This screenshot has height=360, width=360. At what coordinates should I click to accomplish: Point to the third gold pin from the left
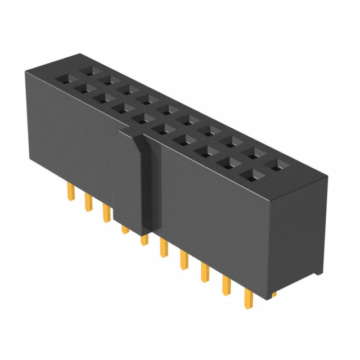(106, 213)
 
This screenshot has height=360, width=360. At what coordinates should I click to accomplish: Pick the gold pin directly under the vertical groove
(144, 240)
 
